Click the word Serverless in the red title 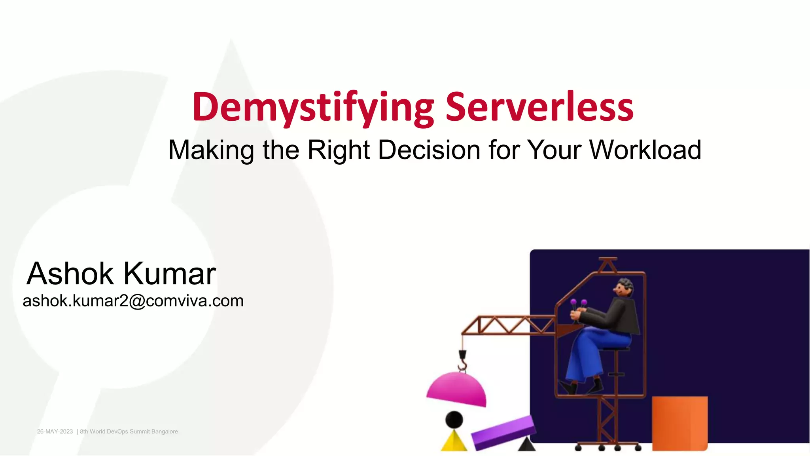pos(539,107)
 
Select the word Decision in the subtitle pos(429,150)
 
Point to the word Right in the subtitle pos(339,150)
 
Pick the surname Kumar pos(170,274)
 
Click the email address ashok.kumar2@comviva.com pos(133,301)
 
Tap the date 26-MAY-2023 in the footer pos(55,431)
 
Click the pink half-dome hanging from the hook pos(457,389)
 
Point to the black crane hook pos(462,360)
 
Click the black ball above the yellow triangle pos(454,419)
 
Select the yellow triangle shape pos(454,442)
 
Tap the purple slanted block pos(503,432)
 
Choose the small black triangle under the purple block pos(526,445)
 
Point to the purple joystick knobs pos(578,303)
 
